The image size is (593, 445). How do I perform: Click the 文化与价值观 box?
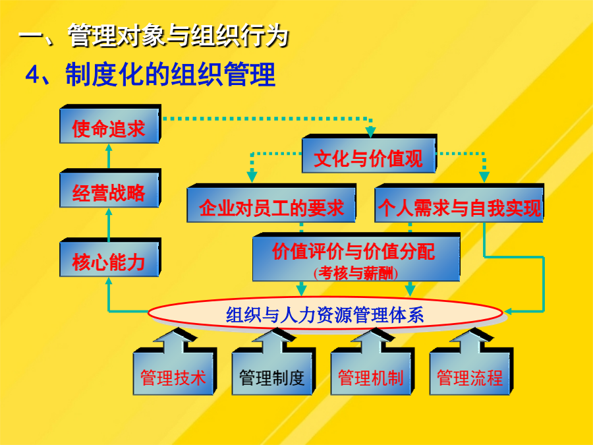[x=369, y=154]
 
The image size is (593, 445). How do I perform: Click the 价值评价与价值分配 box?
[x=356, y=257]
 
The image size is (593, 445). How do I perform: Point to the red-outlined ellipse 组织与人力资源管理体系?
[x=325, y=313]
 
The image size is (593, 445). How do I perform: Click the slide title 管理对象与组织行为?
[x=179, y=36]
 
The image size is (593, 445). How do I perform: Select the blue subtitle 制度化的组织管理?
[x=170, y=74]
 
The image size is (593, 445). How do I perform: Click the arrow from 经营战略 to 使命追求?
[x=109, y=156]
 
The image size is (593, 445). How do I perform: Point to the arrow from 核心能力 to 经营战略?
[x=109, y=225]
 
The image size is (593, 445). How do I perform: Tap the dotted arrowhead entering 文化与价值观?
[x=370, y=132]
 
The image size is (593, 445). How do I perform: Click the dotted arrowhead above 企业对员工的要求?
[x=252, y=177]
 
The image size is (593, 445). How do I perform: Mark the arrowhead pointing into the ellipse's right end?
[x=507, y=311]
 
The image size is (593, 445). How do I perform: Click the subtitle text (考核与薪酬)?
[x=356, y=273]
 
